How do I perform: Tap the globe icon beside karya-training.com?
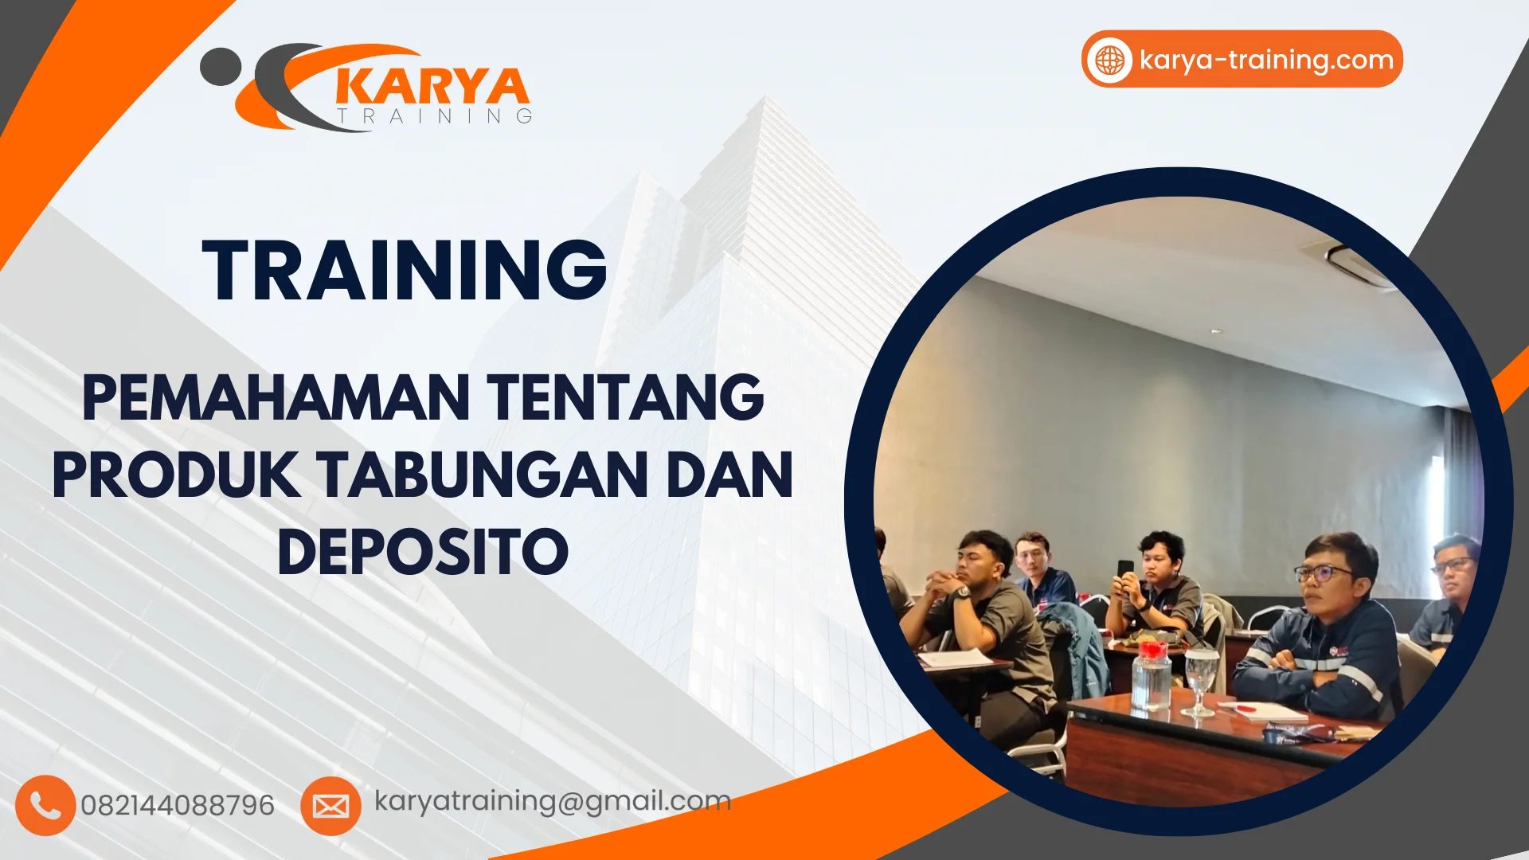click(x=1109, y=60)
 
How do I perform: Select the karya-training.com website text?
click(x=1266, y=60)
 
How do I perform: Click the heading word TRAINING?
click(x=405, y=271)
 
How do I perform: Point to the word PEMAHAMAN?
click(x=276, y=397)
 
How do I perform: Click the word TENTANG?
click(x=626, y=397)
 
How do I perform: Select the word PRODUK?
click(x=176, y=475)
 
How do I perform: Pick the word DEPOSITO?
click(x=423, y=552)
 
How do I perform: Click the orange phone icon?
click(x=45, y=805)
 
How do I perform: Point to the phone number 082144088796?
click(x=178, y=805)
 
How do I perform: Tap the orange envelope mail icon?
click(x=330, y=806)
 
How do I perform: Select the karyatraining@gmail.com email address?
click(x=553, y=800)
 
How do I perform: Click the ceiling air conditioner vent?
click(x=1359, y=263)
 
